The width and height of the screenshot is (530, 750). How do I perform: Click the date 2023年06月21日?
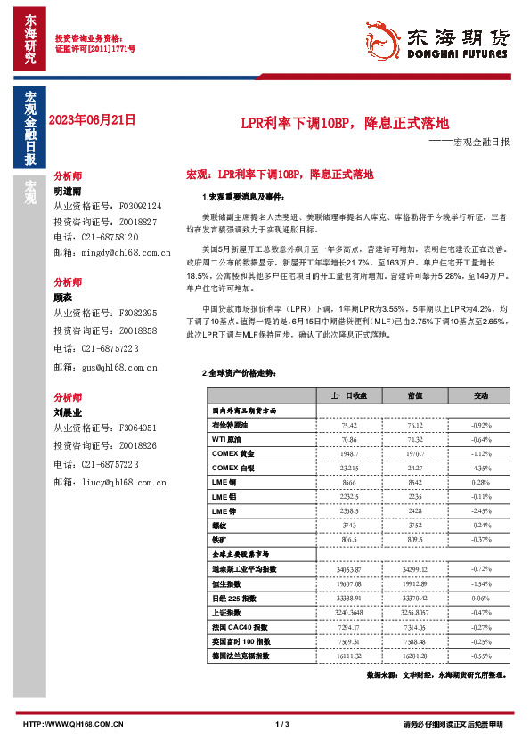(x=94, y=119)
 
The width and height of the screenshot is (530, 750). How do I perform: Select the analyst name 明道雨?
(x=68, y=192)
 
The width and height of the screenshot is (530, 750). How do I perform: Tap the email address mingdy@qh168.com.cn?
(x=111, y=254)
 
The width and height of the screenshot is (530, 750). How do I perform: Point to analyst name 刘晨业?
(x=68, y=412)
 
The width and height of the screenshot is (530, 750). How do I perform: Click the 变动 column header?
(x=480, y=395)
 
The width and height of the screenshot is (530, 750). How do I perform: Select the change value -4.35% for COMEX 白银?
(x=480, y=468)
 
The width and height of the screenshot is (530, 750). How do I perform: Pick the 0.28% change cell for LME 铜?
(x=480, y=482)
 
